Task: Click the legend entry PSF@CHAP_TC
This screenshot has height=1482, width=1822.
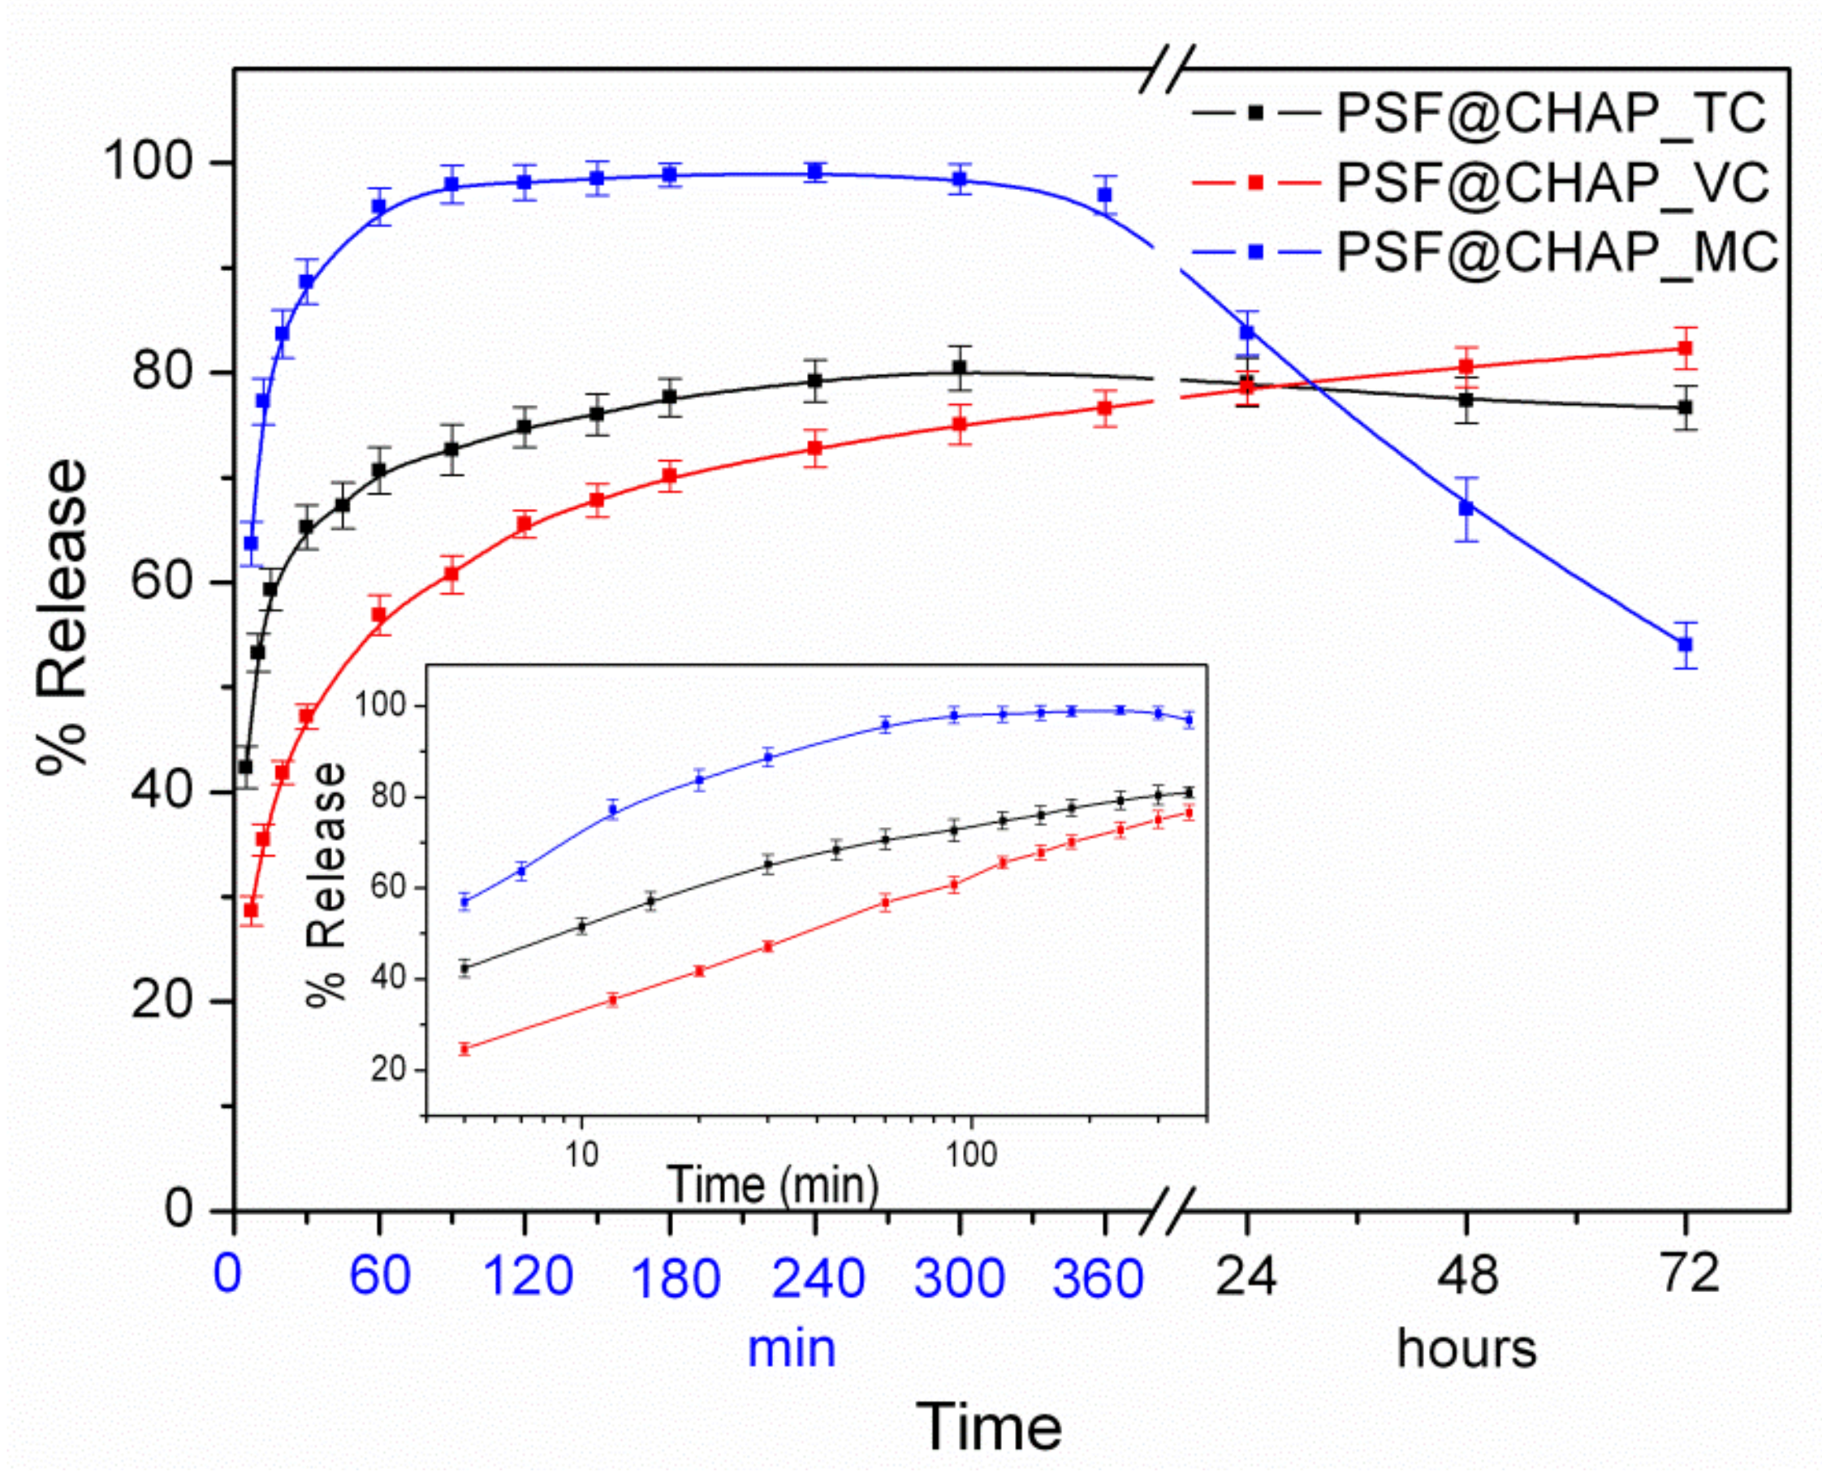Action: point(1550,113)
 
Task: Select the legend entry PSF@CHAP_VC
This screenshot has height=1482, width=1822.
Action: point(1550,182)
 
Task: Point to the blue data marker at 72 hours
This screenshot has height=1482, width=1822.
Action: point(1685,644)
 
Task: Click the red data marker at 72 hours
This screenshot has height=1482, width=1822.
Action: point(1685,348)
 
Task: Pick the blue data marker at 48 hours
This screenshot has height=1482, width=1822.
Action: point(1466,508)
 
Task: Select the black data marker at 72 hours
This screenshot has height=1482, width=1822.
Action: point(1685,408)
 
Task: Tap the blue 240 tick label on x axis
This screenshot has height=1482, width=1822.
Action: point(817,1278)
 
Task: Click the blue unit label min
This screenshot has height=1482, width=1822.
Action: point(791,1349)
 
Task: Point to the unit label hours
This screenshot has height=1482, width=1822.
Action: point(1466,1349)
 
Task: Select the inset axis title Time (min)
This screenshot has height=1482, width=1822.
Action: point(773,1184)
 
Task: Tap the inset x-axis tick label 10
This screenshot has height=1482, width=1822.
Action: point(581,1154)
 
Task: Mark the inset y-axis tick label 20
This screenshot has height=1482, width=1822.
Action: point(387,1069)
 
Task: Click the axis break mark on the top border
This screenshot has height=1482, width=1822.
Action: point(1166,68)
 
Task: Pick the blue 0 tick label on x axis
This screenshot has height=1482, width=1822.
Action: point(227,1274)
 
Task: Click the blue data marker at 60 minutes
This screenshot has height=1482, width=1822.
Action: point(379,207)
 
